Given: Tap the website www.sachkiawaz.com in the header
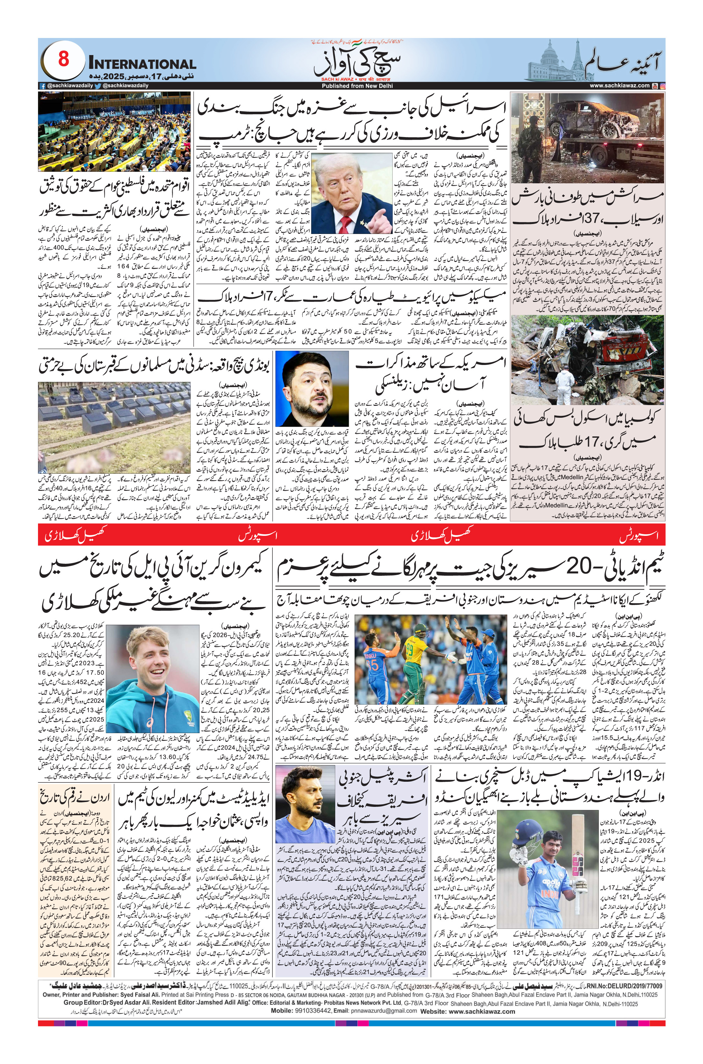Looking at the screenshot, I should (x=619, y=86).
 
